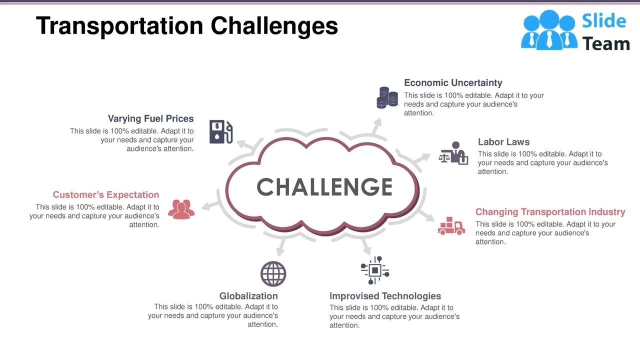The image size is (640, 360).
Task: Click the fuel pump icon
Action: (x=221, y=132)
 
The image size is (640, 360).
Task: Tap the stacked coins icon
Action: (x=387, y=97)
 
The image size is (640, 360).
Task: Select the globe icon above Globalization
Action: (x=273, y=274)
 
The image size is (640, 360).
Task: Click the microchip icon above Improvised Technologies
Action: (x=374, y=270)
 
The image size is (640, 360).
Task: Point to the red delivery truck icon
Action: (x=451, y=226)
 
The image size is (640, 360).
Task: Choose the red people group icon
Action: (x=181, y=209)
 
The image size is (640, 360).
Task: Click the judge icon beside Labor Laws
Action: (x=453, y=153)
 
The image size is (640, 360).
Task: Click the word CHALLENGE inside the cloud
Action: (x=324, y=187)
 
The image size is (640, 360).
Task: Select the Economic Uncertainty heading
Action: (x=453, y=83)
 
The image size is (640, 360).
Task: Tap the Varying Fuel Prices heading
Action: (x=150, y=118)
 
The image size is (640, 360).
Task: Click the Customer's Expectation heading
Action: (x=106, y=195)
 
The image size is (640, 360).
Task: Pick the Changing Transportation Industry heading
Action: (x=550, y=212)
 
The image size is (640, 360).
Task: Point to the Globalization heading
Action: (x=248, y=296)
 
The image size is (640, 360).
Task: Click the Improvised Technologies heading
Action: (x=385, y=296)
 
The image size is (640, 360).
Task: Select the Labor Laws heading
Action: (x=503, y=142)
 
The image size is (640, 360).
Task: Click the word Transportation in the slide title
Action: (x=119, y=26)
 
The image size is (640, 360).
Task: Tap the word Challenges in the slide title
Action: (x=274, y=26)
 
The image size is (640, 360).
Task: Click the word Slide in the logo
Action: (x=604, y=21)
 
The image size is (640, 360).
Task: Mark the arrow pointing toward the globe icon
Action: (x=281, y=245)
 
